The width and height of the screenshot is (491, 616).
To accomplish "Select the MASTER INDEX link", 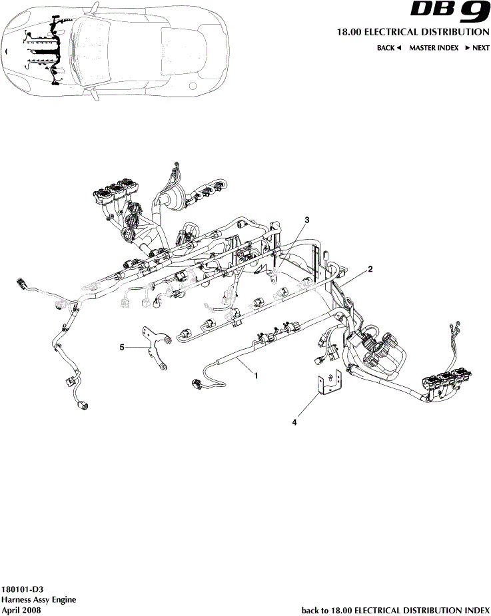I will (434, 48).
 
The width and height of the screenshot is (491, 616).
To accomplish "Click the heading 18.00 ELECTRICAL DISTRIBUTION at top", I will (410, 32).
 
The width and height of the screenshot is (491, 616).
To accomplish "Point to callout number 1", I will (255, 375).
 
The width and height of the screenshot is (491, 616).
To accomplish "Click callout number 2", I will (370, 269).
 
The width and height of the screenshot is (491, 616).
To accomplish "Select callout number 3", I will (308, 219).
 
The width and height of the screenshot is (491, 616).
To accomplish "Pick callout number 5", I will (122, 346).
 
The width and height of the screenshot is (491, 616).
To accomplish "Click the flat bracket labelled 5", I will (157, 347).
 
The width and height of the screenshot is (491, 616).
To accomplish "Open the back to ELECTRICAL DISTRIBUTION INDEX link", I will (396, 609).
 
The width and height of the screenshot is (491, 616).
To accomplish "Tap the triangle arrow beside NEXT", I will (468, 48).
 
